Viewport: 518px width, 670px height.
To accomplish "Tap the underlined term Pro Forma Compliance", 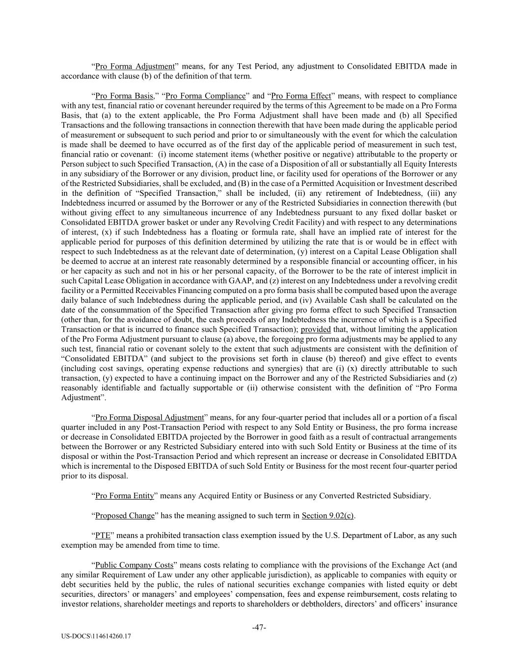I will (x=205, y=96).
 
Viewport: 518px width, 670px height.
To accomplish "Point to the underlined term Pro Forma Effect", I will (x=301, y=96).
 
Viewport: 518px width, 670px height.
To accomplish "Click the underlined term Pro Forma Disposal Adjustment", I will (x=149, y=418).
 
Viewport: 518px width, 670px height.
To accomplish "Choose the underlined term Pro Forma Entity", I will (x=124, y=496).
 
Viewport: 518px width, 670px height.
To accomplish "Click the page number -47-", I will (x=259, y=628).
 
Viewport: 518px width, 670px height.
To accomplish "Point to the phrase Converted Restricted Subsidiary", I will (x=373, y=496).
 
